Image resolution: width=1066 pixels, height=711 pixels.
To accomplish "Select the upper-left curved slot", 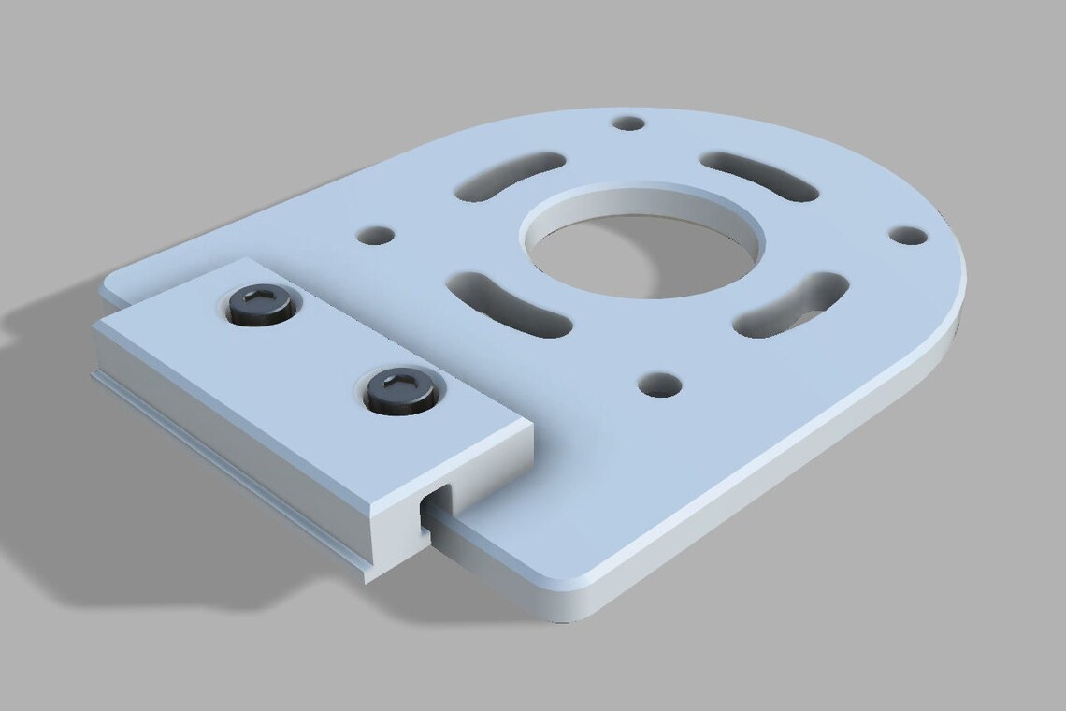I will [510, 176].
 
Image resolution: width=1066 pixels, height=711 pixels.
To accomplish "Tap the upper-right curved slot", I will [759, 175].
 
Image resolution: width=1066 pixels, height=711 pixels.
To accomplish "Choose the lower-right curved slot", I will [790, 302].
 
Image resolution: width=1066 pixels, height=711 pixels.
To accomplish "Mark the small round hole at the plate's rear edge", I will [630, 123].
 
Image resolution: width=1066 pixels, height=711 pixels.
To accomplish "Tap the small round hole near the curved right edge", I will [906, 234].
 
